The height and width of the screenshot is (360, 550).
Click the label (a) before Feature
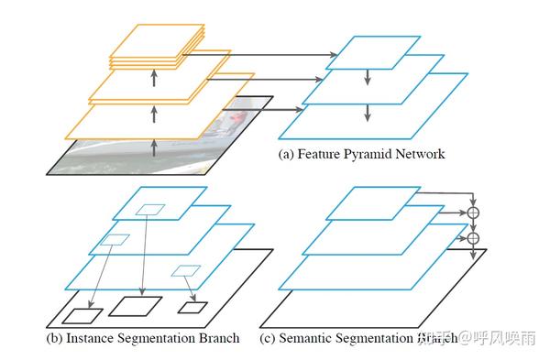[287, 154]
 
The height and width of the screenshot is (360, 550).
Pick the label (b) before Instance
[55, 338]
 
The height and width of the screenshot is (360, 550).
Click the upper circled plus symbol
[473, 213]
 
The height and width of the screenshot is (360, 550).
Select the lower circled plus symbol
[473, 239]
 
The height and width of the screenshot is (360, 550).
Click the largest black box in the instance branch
[135, 306]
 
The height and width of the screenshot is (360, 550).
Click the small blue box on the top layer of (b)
[149, 210]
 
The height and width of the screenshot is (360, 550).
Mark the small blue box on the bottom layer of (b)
[185, 270]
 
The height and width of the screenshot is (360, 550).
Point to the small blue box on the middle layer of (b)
[116, 240]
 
